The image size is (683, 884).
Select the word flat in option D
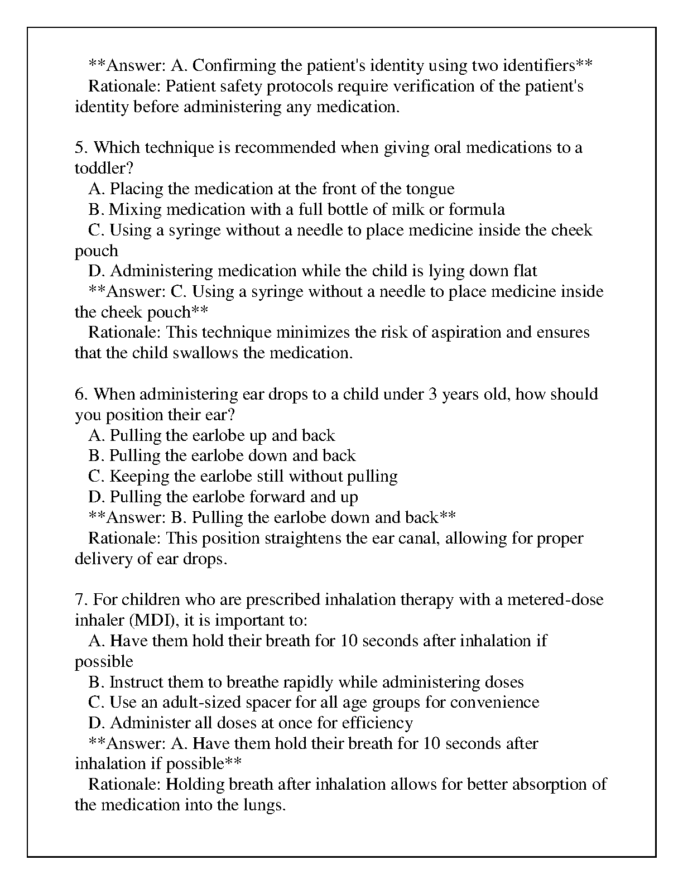(525, 271)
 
